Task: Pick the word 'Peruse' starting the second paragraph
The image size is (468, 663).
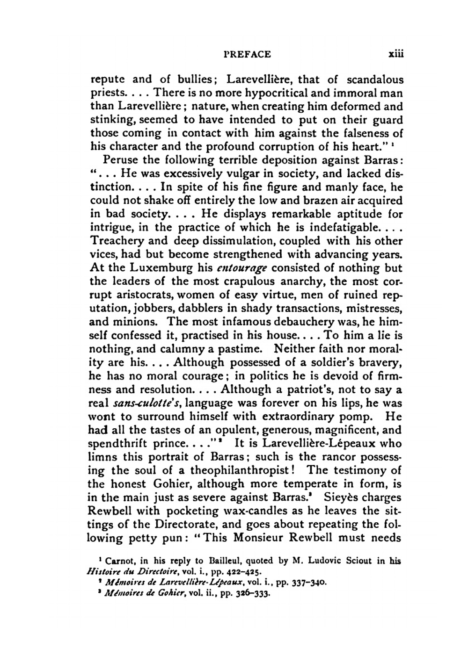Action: (121, 160)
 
